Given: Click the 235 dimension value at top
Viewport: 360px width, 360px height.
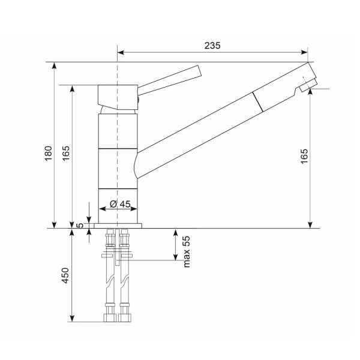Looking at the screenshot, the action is coord(212,46).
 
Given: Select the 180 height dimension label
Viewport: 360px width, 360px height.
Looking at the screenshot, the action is coord(49,153).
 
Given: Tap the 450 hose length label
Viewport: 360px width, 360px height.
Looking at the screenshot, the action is coord(65,275).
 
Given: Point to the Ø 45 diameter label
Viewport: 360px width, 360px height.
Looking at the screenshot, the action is coord(120,204).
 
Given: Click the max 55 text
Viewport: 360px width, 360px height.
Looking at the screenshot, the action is coord(187,251).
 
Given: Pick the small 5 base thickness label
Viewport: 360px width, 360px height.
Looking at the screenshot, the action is coord(80,225).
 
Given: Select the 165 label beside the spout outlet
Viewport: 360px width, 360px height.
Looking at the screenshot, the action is coord(304,156).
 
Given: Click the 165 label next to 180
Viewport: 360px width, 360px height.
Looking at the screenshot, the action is coord(65,153).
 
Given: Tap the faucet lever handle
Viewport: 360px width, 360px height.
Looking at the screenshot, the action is coord(169,80).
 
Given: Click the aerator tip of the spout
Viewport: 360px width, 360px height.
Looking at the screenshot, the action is coord(308,85).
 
